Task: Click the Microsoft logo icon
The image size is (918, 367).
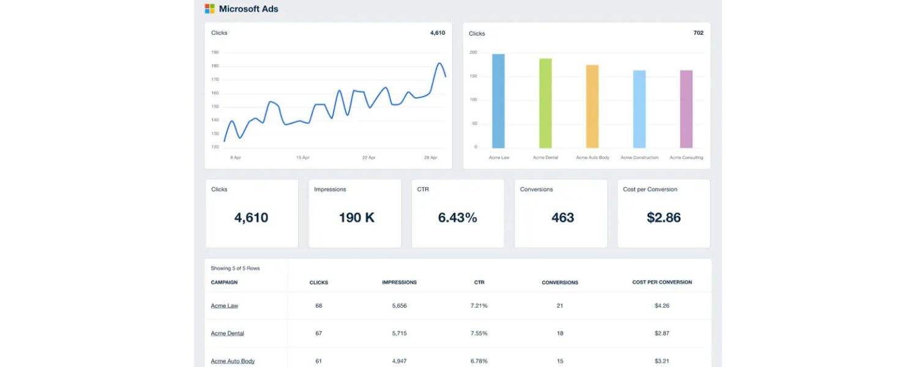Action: (210, 9)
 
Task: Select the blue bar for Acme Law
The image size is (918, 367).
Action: (498, 101)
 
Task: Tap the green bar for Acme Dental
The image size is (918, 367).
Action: (545, 103)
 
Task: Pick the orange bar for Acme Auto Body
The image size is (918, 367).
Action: (592, 106)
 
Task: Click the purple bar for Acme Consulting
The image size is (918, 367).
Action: (686, 109)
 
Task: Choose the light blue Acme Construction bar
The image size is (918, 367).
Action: (639, 109)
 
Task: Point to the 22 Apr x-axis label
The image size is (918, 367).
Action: (368, 157)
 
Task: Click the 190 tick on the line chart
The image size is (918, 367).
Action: (215, 53)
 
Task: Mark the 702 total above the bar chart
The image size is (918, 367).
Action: (698, 33)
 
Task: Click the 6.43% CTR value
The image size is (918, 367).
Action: (457, 218)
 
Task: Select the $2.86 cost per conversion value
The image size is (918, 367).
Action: (663, 218)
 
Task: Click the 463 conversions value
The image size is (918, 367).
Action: (562, 218)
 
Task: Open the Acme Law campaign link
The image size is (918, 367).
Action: (225, 306)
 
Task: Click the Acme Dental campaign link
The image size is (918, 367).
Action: (227, 333)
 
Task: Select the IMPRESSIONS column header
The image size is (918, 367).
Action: (399, 283)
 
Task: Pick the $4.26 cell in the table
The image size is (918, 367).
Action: (662, 306)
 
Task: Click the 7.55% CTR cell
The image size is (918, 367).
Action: (479, 333)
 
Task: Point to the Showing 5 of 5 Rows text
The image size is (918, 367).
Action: (235, 269)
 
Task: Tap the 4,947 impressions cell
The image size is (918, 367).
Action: (399, 361)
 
